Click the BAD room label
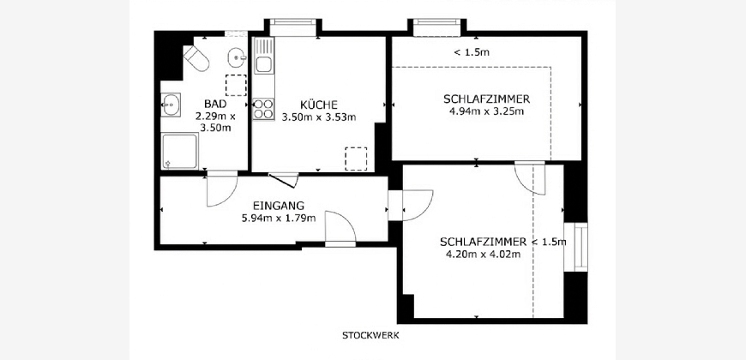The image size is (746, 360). pyautogui.click(x=215, y=104)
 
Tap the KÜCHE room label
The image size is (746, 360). pyautogui.click(x=319, y=105)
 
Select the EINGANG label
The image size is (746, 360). pyautogui.click(x=279, y=206)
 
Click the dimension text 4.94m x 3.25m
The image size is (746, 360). pyautogui.click(x=486, y=111)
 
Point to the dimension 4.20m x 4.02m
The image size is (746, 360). pyautogui.click(x=483, y=254)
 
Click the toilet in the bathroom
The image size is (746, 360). pyautogui.click(x=196, y=58)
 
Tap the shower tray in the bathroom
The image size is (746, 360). pyautogui.click(x=179, y=151)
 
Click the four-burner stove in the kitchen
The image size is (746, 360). pyautogui.click(x=263, y=109)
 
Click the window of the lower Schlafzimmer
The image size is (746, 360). pyautogui.click(x=581, y=247)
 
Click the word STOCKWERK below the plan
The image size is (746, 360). pyautogui.click(x=370, y=335)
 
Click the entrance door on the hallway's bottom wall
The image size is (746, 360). pyautogui.click(x=340, y=227)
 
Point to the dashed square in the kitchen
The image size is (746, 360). pyautogui.click(x=356, y=159)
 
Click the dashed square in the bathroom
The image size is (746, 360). pyautogui.click(x=236, y=85)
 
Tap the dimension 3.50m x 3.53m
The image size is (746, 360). pyautogui.click(x=319, y=117)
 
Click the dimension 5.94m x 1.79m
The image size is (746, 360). pyautogui.click(x=279, y=219)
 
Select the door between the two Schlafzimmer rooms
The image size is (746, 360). pyautogui.click(x=530, y=178)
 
